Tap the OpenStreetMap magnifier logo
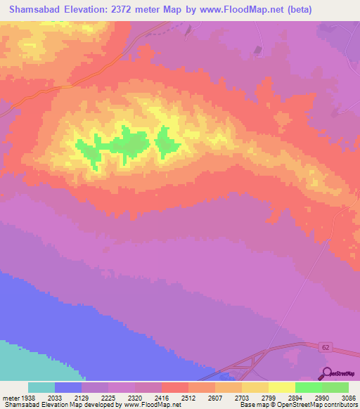(x=326, y=373)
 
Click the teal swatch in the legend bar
(x=41, y=387)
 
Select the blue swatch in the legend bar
(x=68, y=387)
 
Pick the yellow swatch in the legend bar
(x=282, y=387)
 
